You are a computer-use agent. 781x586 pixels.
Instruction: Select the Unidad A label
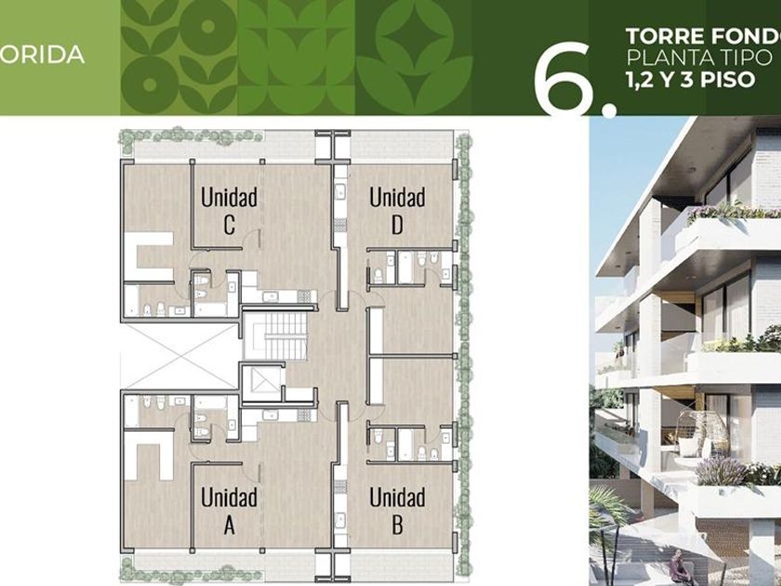(229, 511)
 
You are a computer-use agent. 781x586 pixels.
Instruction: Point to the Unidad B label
(398, 511)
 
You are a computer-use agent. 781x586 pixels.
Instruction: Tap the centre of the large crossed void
(179, 355)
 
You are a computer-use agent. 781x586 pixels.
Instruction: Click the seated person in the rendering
(679, 567)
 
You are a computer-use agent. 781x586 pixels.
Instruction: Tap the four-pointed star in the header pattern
(414, 36)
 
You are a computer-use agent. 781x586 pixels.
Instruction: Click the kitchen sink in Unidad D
(341, 191)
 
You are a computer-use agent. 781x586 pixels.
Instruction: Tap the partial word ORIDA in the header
(42, 55)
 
